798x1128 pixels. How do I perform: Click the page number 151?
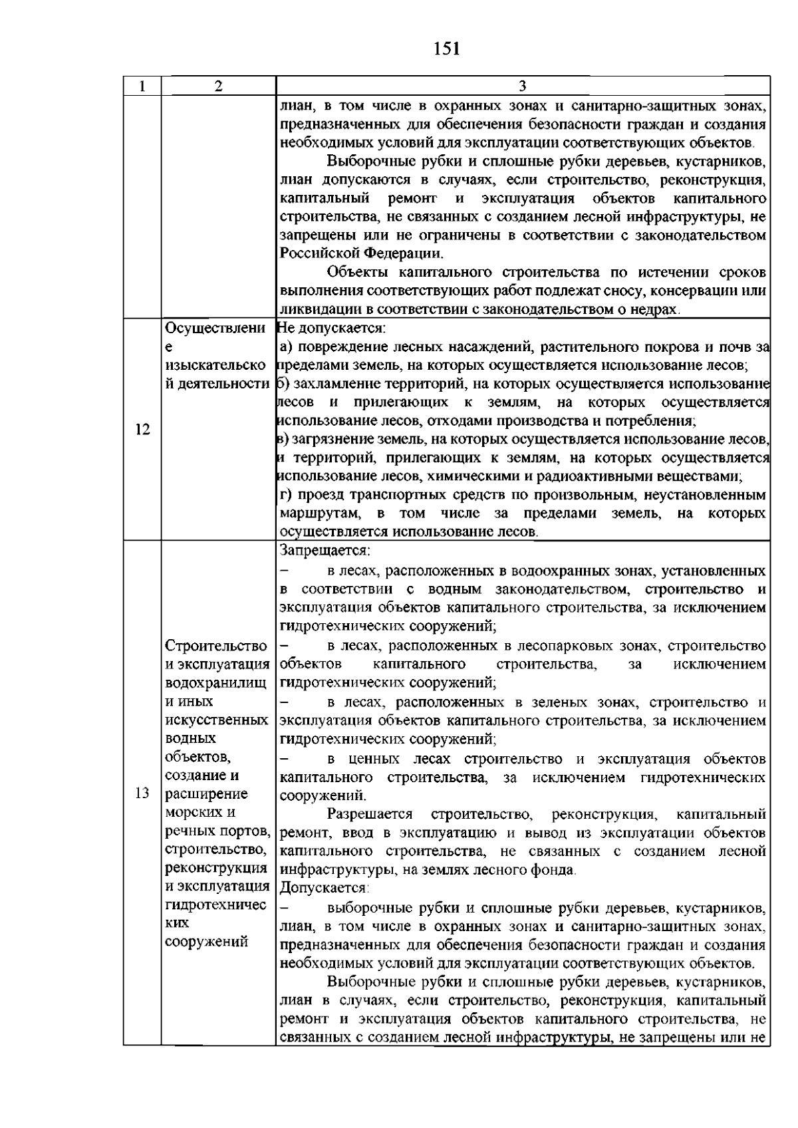446,49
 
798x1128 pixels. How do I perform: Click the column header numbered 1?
141,86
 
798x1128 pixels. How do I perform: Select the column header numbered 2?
218,86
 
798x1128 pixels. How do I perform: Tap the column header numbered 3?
522,86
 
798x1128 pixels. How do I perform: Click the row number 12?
142,429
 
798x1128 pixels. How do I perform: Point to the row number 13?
142,793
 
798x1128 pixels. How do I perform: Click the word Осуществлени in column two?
215,328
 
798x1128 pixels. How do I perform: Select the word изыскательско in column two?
215,365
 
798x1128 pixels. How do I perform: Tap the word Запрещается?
325,551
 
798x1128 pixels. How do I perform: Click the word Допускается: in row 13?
324,888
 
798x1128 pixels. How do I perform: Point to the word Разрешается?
370,814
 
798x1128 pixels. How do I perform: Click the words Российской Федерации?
360,253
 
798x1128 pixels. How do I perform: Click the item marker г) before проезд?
286,495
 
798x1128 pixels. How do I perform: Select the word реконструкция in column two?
215,868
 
